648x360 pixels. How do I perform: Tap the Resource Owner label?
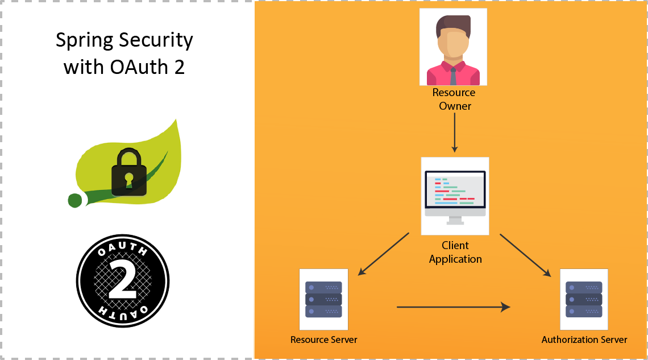pyautogui.click(x=454, y=99)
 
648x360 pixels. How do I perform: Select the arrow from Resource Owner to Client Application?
pyautogui.click(x=454, y=132)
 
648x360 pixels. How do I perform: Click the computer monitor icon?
pyautogui.click(x=455, y=193)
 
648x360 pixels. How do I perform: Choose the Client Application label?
pyautogui.click(x=455, y=252)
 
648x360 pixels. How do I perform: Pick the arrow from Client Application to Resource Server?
pyautogui.click(x=384, y=254)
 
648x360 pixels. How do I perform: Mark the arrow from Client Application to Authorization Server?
pyautogui.click(x=525, y=255)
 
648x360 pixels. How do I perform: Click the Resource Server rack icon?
pyautogui.click(x=323, y=299)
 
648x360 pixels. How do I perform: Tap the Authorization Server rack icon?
pyautogui.click(x=584, y=299)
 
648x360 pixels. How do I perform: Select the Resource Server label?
pyautogui.click(x=323, y=340)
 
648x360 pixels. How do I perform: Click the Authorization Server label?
pyautogui.click(x=584, y=340)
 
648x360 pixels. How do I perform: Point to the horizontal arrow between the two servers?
pyautogui.click(x=453, y=307)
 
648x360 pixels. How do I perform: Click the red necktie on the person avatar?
pyautogui.click(x=453, y=75)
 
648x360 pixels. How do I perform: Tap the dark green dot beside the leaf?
pyautogui.click(x=74, y=200)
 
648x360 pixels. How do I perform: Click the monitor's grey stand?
pyautogui.click(x=455, y=220)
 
